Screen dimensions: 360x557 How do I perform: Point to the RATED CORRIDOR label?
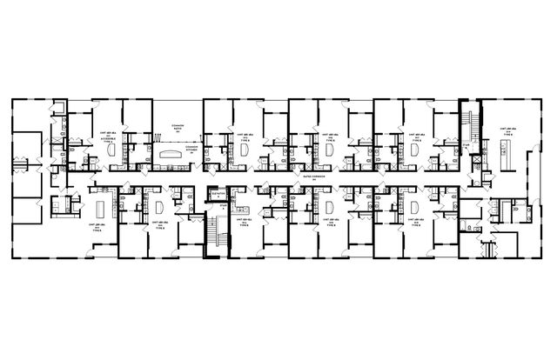pyautogui.click(x=306, y=177)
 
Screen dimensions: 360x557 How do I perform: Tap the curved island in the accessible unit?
pyautogui.click(x=114, y=150)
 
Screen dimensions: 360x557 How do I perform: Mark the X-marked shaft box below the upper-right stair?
pyautogui.click(x=477, y=164)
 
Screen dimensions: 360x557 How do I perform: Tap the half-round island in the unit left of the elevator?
pyautogui.click(x=159, y=209)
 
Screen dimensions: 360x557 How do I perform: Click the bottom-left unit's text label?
pyautogui.click(x=97, y=231)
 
